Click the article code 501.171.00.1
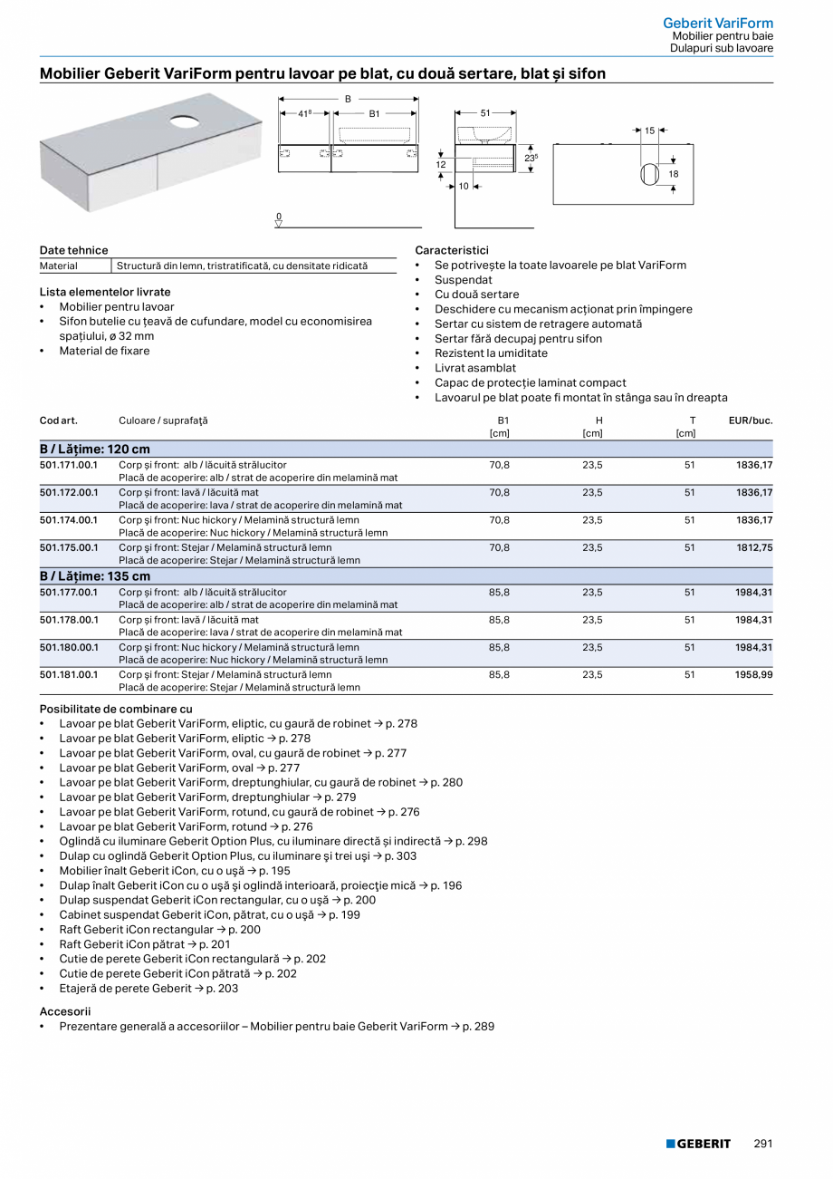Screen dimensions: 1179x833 [x=68, y=465]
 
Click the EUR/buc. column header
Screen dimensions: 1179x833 [x=751, y=420]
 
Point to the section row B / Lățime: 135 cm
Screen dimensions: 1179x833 [x=95, y=576]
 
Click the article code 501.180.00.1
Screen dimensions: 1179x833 [x=68, y=647]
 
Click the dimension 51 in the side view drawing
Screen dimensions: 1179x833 [x=485, y=113]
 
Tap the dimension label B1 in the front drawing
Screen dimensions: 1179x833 [x=374, y=114]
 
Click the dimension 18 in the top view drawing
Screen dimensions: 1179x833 [x=674, y=174]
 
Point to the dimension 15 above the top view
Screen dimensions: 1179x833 [x=649, y=131]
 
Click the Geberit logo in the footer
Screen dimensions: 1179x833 [x=698, y=1144]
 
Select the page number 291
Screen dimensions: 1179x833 [x=762, y=1144]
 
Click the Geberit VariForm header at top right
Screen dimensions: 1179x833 [x=718, y=23]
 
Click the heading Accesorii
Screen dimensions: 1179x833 [x=65, y=1011]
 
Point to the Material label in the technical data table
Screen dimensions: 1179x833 [x=59, y=266]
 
